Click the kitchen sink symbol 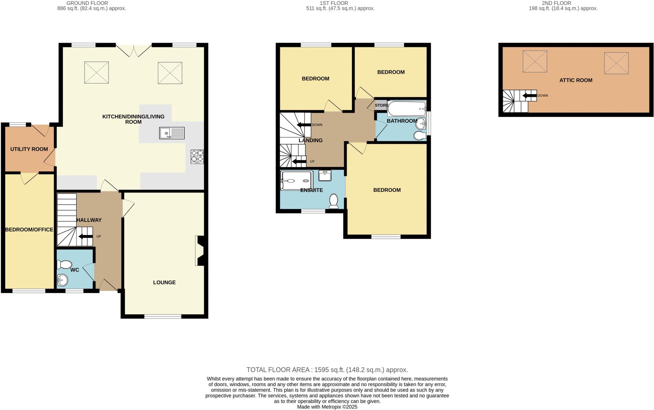click(172, 133)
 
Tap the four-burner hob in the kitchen click(197, 157)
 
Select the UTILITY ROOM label click(29, 149)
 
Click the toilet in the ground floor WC click(65, 264)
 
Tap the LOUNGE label click(164, 282)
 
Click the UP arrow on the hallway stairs click(85, 236)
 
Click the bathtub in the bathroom click(407, 109)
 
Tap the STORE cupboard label click(381, 105)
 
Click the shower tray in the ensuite click(296, 181)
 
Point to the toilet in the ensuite click(334, 201)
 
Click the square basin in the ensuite click(325, 175)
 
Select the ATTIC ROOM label click(576, 80)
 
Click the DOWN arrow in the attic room click(529, 95)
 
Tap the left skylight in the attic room click(535, 61)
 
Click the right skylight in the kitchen click(170, 73)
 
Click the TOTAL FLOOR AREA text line click(327, 370)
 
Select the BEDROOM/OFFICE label click(29, 229)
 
